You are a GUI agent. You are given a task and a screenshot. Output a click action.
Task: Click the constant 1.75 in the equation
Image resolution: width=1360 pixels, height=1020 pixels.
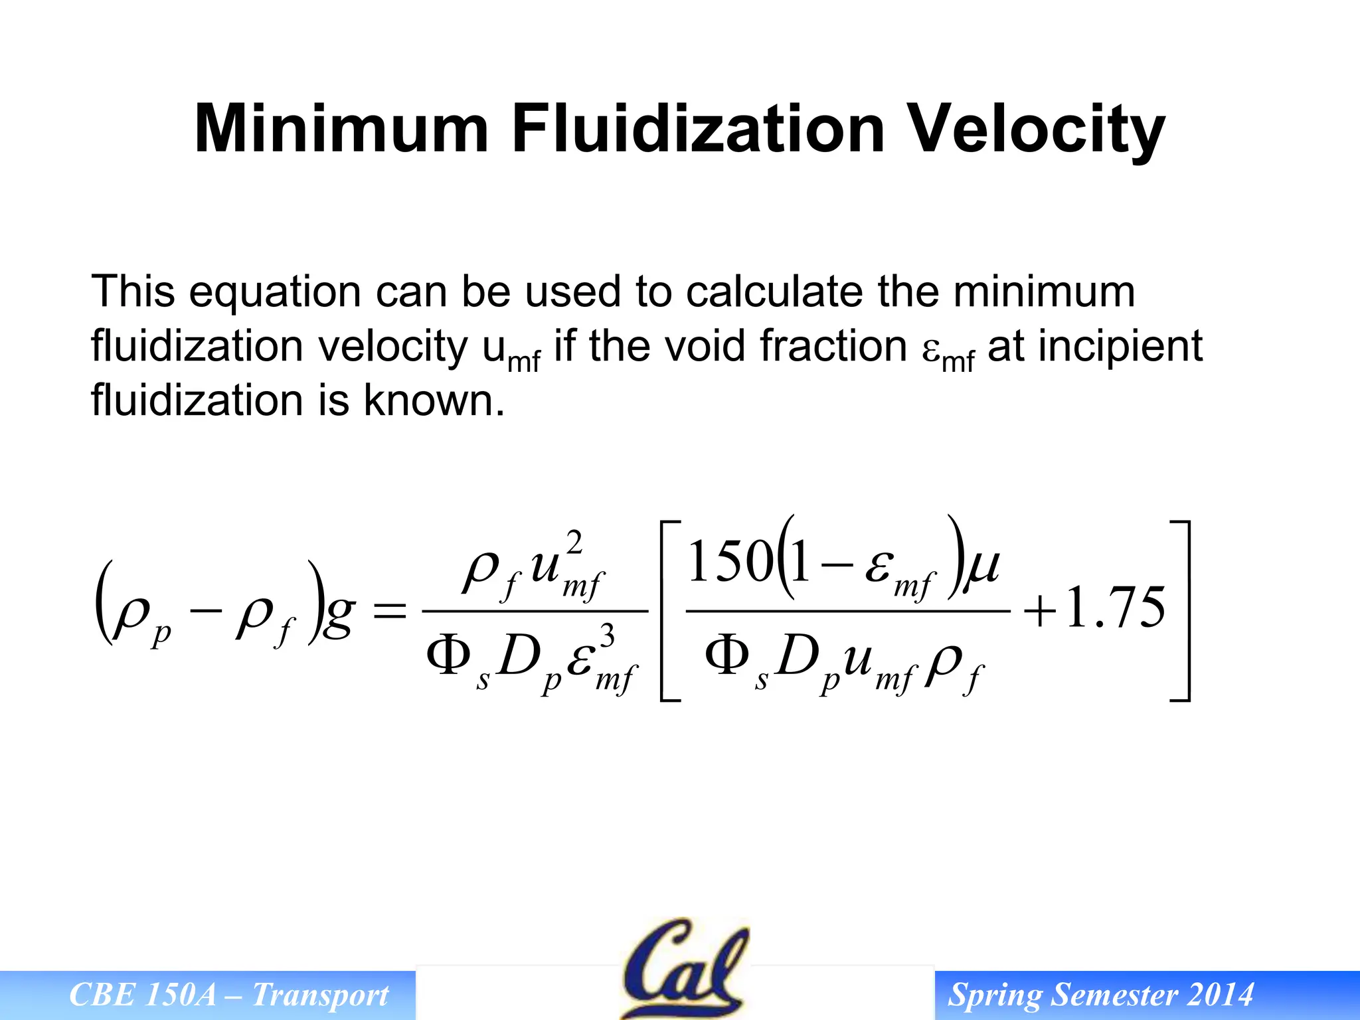[x=1116, y=608]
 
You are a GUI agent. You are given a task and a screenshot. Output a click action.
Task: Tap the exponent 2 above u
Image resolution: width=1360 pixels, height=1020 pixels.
[x=575, y=543]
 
